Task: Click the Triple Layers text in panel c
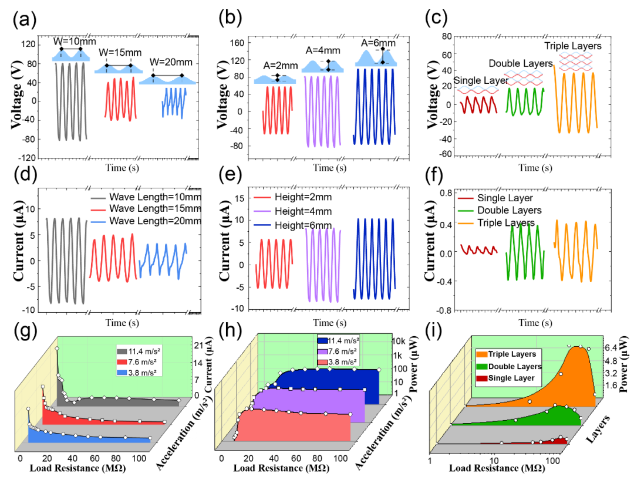tap(572, 46)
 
